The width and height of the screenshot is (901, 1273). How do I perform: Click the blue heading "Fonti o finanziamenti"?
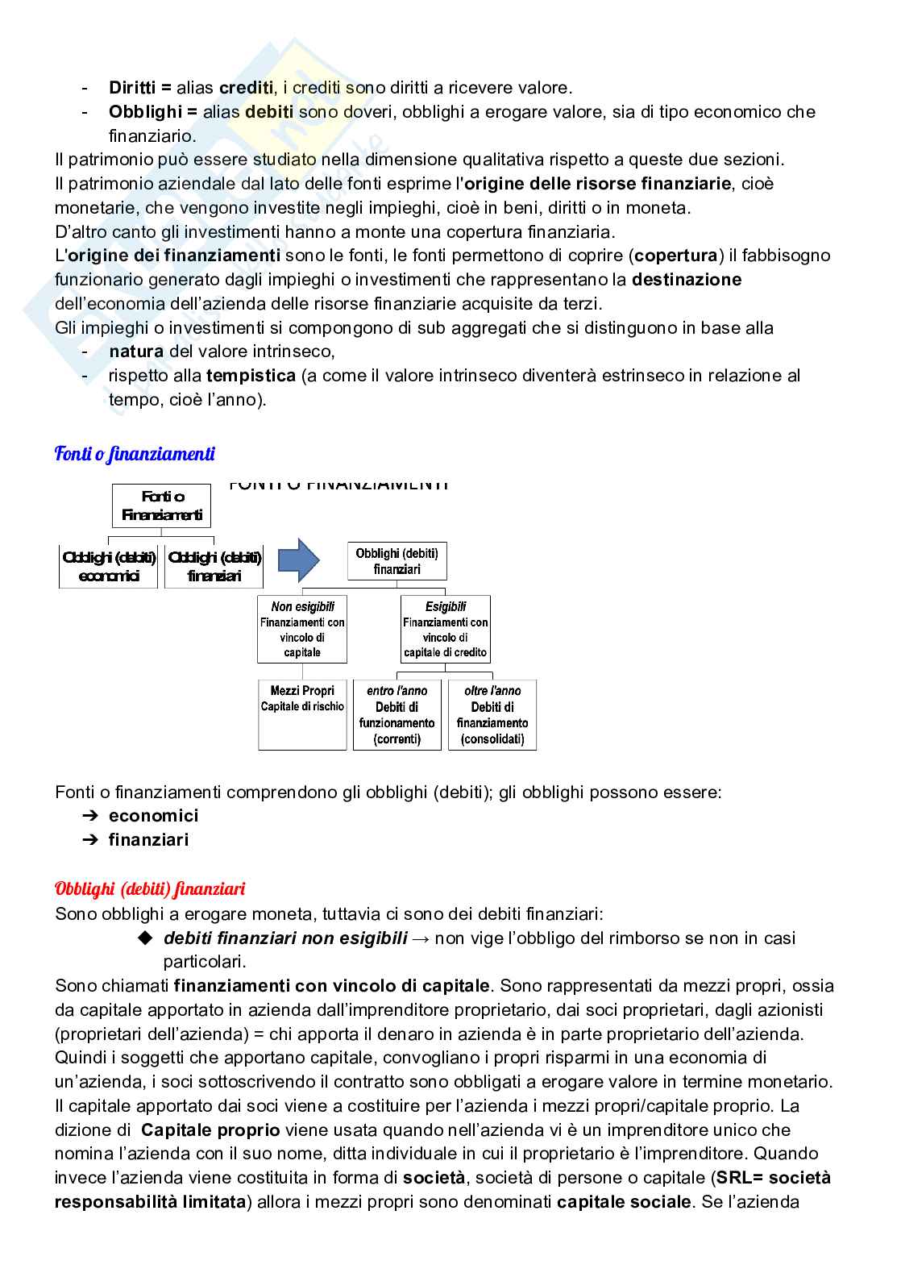[135, 454]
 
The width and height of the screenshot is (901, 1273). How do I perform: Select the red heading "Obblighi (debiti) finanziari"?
[150, 889]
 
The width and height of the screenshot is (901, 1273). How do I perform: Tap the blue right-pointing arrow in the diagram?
[298, 560]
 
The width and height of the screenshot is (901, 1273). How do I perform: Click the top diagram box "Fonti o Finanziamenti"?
[161, 506]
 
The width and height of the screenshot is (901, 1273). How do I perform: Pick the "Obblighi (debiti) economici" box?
[109, 567]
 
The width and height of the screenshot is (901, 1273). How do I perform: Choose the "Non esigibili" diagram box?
[302, 629]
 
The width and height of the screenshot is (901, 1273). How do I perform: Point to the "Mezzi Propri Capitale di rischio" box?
[302, 714]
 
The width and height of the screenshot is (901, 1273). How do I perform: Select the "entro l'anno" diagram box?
[397, 714]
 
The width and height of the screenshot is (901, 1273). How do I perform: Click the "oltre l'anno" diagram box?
[492, 714]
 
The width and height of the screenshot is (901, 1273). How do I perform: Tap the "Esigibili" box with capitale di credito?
[446, 629]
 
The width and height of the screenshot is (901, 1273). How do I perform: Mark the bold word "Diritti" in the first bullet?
[134, 88]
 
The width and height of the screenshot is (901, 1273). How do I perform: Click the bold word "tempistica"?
[251, 376]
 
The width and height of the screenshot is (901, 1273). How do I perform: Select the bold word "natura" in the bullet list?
[136, 352]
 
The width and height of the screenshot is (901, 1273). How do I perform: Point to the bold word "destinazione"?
[687, 280]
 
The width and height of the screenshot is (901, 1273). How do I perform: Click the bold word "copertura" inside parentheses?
[675, 256]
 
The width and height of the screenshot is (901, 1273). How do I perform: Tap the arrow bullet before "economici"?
[89, 816]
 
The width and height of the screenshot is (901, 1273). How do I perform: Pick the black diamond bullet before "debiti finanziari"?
[145, 938]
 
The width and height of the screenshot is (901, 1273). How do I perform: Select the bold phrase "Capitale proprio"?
[210, 1130]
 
